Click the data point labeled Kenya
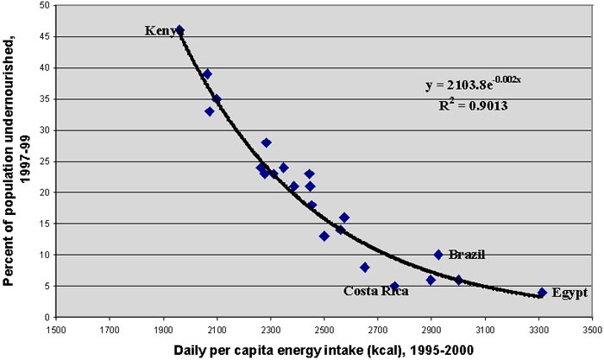click(179, 30)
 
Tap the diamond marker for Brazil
click(438, 255)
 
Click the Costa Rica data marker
click(394, 287)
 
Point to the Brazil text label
click(467, 255)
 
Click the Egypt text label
click(570, 293)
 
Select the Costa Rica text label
click(376, 291)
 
